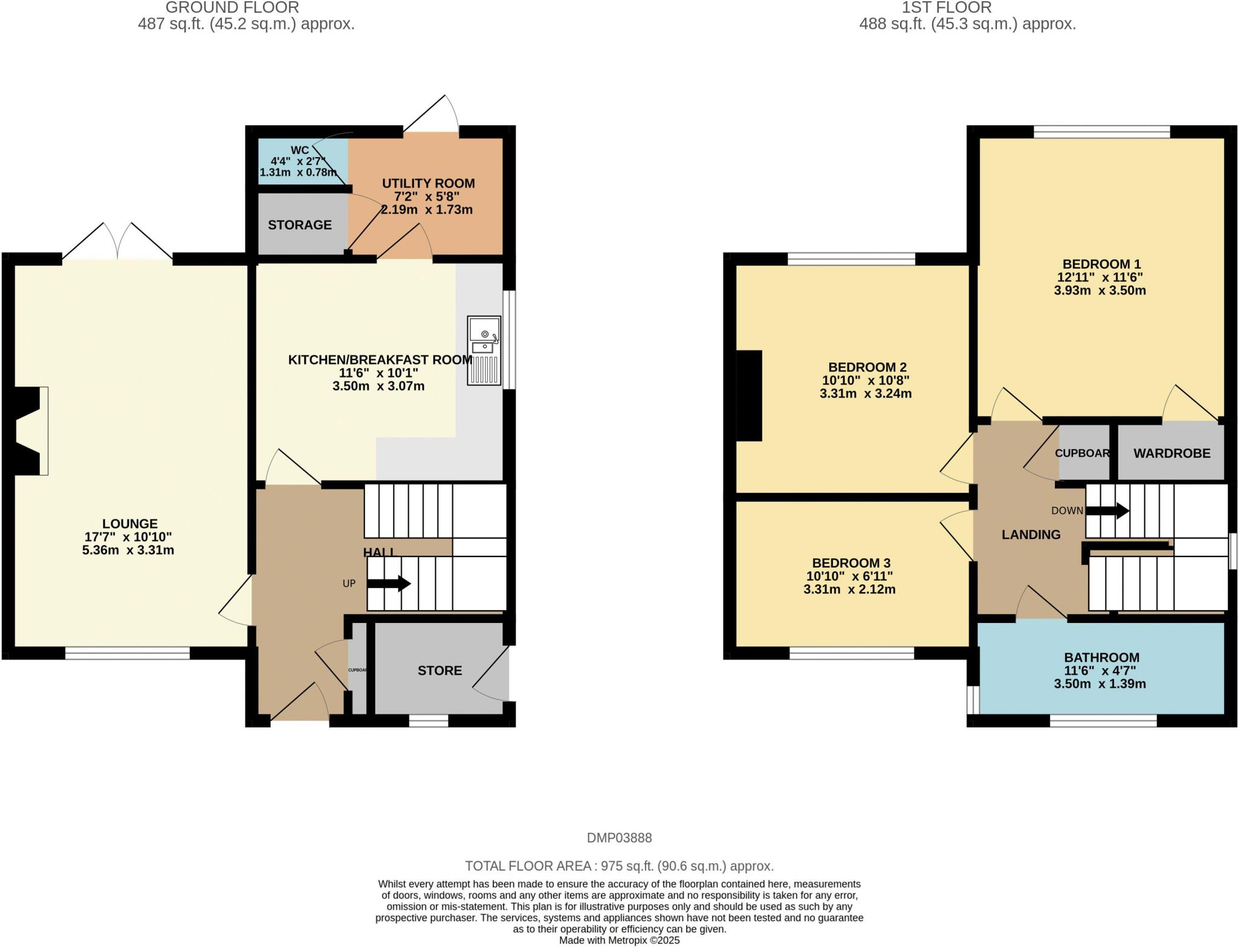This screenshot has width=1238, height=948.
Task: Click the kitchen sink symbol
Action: coord(484,350)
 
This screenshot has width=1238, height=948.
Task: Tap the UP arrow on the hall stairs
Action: coord(389,584)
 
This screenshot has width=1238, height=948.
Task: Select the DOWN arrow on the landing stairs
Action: coord(1107,511)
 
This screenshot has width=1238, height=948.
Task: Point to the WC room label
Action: coord(300,150)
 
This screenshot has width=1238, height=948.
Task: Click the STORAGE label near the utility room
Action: coord(300,225)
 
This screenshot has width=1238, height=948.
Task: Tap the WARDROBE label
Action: coord(1172,453)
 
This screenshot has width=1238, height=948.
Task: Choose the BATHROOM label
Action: coord(1101,657)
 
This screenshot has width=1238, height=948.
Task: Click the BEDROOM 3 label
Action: coord(851,563)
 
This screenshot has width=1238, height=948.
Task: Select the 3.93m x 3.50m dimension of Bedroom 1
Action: coord(1100,291)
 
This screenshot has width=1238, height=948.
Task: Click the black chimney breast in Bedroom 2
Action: coord(750,396)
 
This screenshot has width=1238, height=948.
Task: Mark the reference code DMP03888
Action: coord(619,838)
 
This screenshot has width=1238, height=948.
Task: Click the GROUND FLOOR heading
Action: coord(232,8)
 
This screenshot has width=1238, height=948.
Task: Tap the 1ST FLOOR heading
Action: coord(967,8)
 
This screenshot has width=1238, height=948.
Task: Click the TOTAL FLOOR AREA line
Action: coord(619,866)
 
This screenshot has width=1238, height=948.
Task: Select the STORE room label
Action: coord(439,671)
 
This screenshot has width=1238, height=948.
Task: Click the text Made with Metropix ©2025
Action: coord(619,940)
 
